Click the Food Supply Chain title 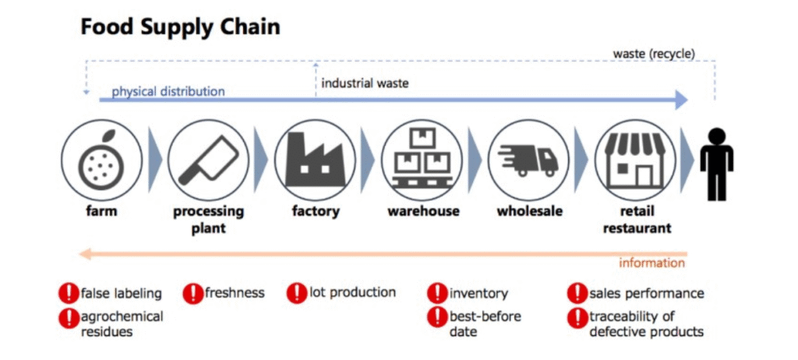180,27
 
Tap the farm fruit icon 102,161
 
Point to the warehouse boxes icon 422,161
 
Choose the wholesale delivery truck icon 528,161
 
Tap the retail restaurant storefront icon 635,161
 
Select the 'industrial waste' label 365,83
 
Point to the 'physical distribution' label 168,92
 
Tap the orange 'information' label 651,263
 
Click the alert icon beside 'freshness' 192,294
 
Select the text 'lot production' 352,292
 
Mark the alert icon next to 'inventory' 437,294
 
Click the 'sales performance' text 646,293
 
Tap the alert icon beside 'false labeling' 69,294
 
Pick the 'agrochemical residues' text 122,324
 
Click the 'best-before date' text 485,324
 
